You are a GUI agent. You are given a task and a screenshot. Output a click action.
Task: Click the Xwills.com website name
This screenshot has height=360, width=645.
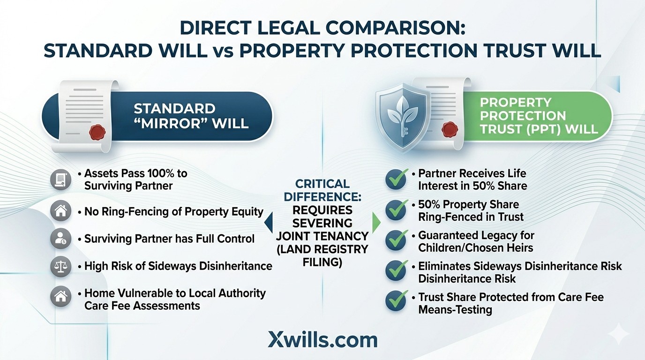322,340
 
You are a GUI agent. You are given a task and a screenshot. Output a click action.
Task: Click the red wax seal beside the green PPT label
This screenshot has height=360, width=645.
450,128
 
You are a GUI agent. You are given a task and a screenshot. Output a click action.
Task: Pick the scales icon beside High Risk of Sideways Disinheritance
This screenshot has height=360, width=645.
60,266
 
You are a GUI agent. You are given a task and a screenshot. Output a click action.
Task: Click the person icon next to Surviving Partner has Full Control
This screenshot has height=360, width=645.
60,239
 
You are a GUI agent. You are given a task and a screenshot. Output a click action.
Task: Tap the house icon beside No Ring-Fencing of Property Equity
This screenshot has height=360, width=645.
60,211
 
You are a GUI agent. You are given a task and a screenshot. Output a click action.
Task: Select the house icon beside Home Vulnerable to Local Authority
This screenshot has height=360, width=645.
60,296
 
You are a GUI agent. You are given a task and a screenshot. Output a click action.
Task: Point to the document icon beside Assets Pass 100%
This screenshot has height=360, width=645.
60,179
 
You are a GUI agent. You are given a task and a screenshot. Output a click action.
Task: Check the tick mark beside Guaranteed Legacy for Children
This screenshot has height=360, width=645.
396,240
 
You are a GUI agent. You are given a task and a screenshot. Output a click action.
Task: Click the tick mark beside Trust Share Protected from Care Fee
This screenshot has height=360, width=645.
396,302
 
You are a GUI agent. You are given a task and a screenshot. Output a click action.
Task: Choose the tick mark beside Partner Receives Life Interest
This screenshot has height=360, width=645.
396,180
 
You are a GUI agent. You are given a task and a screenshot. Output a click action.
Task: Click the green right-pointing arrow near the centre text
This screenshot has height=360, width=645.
375,223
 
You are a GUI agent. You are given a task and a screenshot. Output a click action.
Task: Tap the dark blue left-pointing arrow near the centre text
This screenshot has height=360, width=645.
269,223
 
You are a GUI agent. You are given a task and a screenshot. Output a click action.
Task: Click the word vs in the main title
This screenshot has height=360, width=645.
223,51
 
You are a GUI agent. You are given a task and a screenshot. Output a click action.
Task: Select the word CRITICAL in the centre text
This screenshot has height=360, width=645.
322,184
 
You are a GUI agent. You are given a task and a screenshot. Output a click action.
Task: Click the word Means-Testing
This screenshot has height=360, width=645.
455,309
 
